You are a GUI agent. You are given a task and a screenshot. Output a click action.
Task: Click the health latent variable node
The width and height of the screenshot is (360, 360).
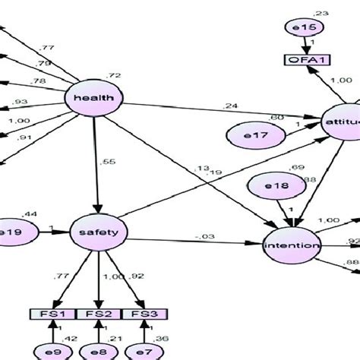pyautogui.click(x=95, y=99)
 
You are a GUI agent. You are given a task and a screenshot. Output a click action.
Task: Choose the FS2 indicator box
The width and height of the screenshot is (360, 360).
pyautogui.click(x=99, y=314)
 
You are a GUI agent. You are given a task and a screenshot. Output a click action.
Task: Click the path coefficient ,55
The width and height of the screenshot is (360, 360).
pyautogui.click(x=109, y=162)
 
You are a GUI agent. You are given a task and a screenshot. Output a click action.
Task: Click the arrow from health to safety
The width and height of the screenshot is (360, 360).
pyautogui.click(x=96, y=167)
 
